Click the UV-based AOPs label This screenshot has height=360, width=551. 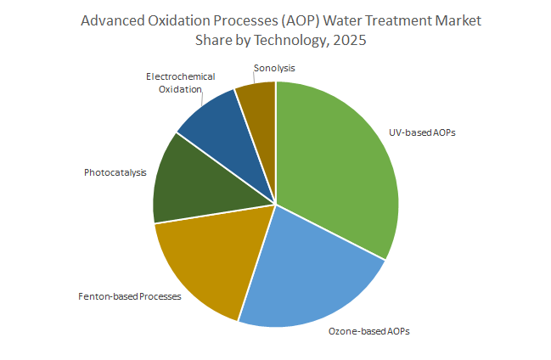click(422, 133)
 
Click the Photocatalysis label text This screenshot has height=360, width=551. click(115, 173)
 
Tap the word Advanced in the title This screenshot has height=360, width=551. click(110, 20)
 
